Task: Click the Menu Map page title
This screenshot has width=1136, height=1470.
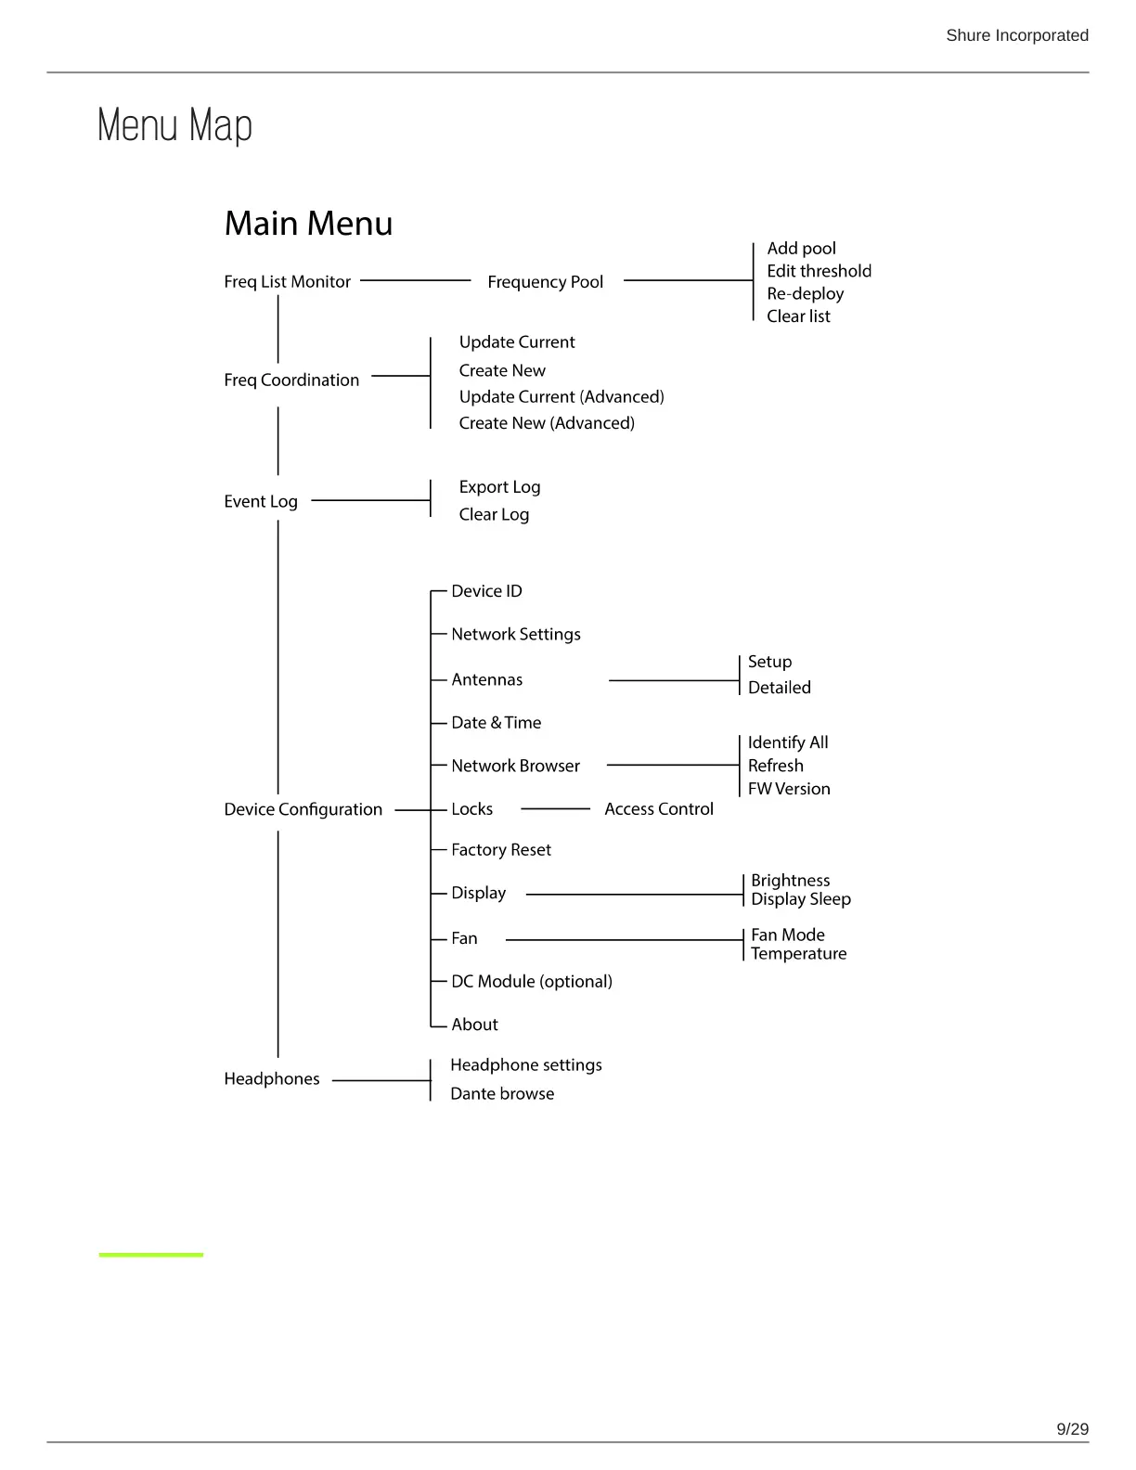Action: coord(174,125)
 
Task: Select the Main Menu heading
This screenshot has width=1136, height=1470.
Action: coord(308,224)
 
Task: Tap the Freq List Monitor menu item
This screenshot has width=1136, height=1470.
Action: coord(287,281)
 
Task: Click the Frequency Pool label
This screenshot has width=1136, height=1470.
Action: coord(545,281)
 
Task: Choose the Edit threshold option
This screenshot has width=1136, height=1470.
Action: coord(819,271)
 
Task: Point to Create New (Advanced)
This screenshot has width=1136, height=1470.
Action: coord(547,423)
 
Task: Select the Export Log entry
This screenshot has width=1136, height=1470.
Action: coord(499,487)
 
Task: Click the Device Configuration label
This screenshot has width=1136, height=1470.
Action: coord(303,809)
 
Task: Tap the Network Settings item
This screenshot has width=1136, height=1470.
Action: coord(515,634)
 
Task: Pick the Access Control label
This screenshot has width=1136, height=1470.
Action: coord(659,809)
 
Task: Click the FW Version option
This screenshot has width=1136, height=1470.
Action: coord(789,789)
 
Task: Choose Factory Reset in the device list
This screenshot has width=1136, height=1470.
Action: coord(500,850)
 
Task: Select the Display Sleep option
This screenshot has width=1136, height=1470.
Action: coord(800,899)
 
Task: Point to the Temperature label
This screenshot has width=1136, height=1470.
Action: coord(798,954)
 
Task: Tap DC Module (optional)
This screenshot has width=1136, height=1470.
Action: coord(531,982)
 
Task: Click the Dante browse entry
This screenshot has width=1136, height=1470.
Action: coord(502,1094)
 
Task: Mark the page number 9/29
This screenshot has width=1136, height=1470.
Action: coord(1072,1429)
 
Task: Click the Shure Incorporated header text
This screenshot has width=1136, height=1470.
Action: coord(1016,35)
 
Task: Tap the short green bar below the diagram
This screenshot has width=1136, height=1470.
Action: coord(150,1255)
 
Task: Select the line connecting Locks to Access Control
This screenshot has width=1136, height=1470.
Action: coord(555,809)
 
